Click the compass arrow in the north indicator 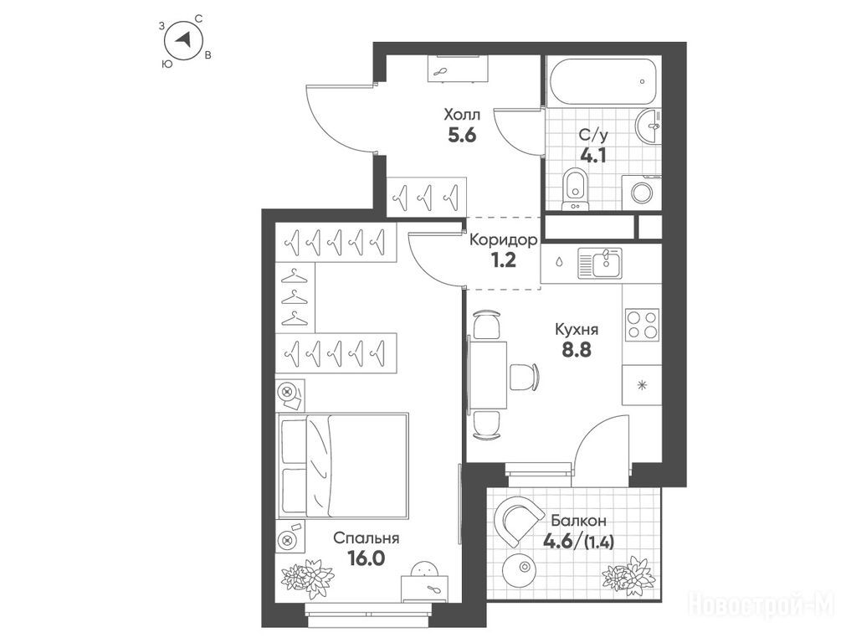pyautogui.click(x=184, y=39)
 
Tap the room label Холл pyautogui.click(x=462, y=115)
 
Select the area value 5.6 pyautogui.click(x=462, y=135)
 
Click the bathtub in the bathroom pyautogui.click(x=602, y=82)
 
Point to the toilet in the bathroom pyautogui.click(x=575, y=189)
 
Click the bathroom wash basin pyautogui.click(x=648, y=126)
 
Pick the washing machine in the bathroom pyautogui.click(x=642, y=193)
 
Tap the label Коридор pyautogui.click(x=504, y=239)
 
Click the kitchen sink pyautogui.click(x=600, y=263)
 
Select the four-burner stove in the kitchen pyautogui.click(x=642, y=324)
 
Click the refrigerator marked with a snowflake pyautogui.click(x=642, y=385)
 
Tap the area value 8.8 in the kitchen pyautogui.click(x=577, y=350)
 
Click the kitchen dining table pyautogui.click(x=488, y=375)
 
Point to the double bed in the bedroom pyautogui.click(x=342, y=466)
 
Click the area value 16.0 pyautogui.click(x=367, y=558)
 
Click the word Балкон pyautogui.click(x=578, y=521)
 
